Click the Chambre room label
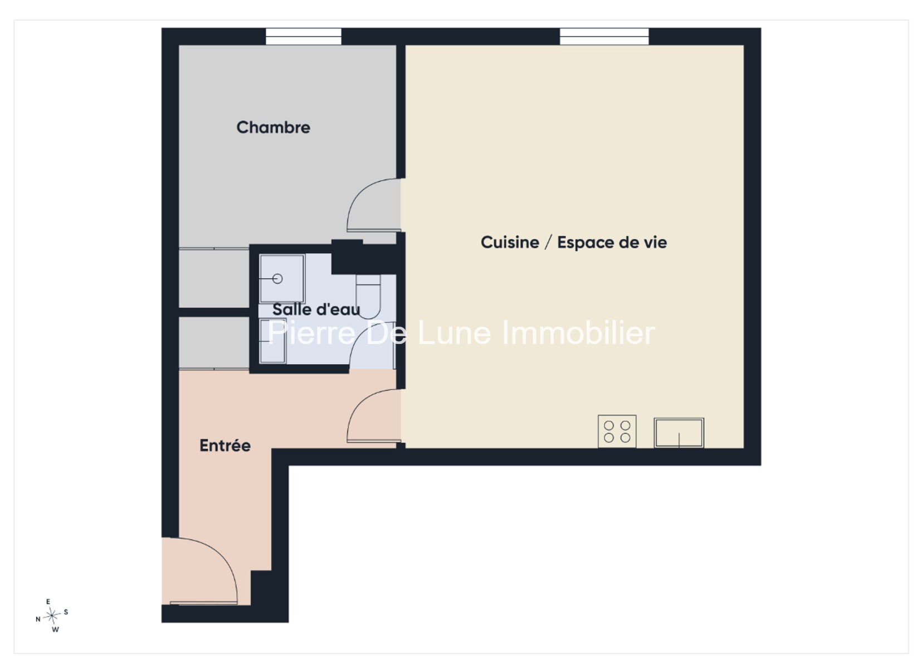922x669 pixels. click(x=274, y=127)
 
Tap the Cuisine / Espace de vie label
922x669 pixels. click(x=574, y=242)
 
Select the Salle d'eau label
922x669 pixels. click(x=316, y=309)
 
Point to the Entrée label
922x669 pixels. click(x=225, y=445)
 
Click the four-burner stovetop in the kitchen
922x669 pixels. click(x=617, y=432)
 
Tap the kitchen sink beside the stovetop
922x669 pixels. click(x=679, y=433)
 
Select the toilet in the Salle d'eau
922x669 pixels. click(x=368, y=297)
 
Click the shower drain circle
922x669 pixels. click(x=277, y=279)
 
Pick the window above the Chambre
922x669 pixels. click(x=304, y=36)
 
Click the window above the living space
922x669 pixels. click(x=604, y=36)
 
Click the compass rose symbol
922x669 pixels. click(x=52, y=616)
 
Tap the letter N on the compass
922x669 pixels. click(x=38, y=619)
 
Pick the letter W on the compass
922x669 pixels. click(x=55, y=629)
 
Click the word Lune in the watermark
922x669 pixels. click(x=455, y=333)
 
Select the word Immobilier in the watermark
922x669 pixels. click(x=579, y=332)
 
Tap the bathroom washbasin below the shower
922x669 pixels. click(x=272, y=342)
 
